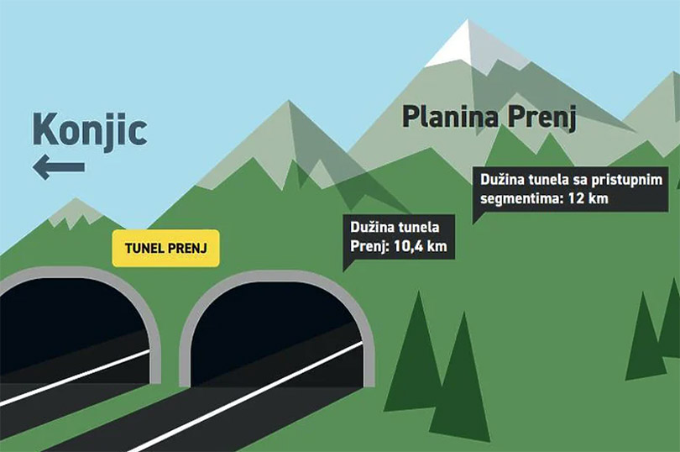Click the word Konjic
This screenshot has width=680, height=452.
click(x=90, y=131)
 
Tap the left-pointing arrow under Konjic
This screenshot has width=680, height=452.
click(x=59, y=167)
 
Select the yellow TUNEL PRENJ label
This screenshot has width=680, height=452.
click(x=165, y=248)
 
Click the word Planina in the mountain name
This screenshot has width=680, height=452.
click(x=451, y=117)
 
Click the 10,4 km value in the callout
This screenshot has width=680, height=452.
click(x=420, y=247)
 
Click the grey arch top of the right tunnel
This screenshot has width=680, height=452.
click(x=278, y=276)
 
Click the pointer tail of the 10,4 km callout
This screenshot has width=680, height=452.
click(x=347, y=265)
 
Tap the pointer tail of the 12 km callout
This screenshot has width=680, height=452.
click(x=476, y=217)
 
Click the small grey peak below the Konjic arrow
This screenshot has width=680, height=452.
click(x=76, y=212)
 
